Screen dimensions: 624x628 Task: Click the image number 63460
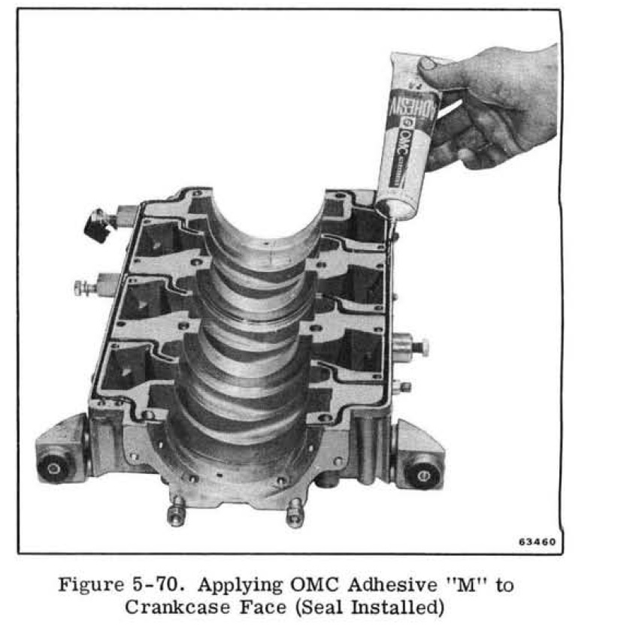pyautogui.click(x=537, y=542)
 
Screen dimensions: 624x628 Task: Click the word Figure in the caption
pyautogui.click(x=92, y=584)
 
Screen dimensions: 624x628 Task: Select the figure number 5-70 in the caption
pyautogui.click(x=159, y=584)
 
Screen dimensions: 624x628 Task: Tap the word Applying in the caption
pyautogui.click(x=240, y=586)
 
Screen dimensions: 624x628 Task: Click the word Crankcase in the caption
pyautogui.click(x=177, y=607)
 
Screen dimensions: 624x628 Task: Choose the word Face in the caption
pyautogui.click(x=262, y=607)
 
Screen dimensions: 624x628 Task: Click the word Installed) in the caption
pyautogui.click(x=398, y=608)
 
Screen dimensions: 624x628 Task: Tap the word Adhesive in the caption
pyautogui.click(x=392, y=584)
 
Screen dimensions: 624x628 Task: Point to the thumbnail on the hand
pyautogui.click(x=427, y=64)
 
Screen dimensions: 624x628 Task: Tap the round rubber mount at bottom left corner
pyautogui.click(x=53, y=468)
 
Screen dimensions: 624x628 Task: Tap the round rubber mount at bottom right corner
pyautogui.click(x=423, y=475)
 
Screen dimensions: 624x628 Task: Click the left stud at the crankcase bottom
pyautogui.click(x=177, y=512)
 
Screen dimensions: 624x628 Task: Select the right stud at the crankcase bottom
pyautogui.click(x=295, y=512)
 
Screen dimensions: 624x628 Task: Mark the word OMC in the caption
pyautogui.click(x=314, y=584)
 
